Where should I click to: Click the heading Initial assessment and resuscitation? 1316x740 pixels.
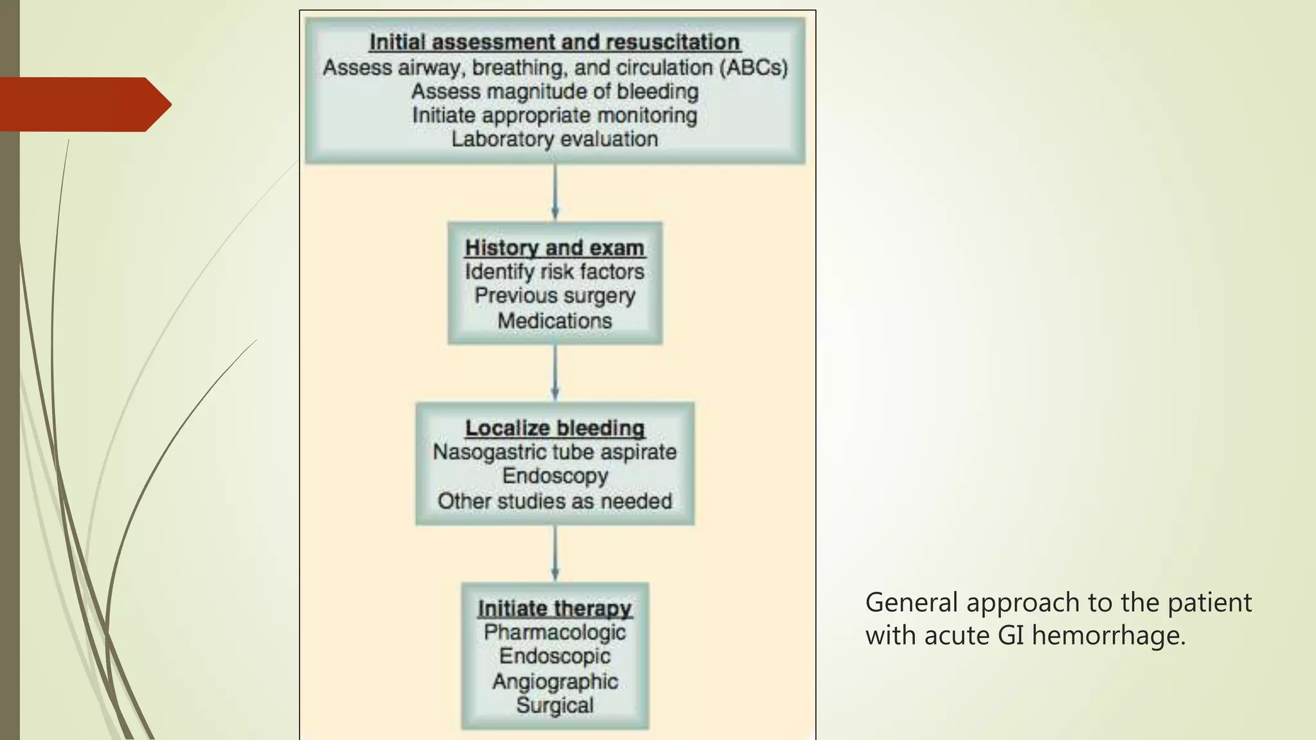[555, 42]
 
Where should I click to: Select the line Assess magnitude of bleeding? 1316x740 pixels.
[555, 92]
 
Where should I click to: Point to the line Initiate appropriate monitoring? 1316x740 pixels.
[555, 116]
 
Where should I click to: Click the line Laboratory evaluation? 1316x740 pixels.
[555, 139]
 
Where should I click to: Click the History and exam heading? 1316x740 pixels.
[555, 248]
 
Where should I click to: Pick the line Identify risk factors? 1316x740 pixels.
[555, 272]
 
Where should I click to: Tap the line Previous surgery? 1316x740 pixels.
[555, 296]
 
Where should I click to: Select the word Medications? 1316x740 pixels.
[555, 321]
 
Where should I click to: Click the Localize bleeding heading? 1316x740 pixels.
[555, 428]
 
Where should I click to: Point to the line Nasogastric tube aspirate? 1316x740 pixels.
[555, 452]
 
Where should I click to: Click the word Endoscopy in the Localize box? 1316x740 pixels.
[555, 476]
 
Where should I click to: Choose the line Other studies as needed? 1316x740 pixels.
[555, 501]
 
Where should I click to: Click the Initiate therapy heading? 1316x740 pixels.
[555, 608]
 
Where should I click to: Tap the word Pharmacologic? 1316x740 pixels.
[555, 633]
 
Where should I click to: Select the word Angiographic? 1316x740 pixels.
[555, 682]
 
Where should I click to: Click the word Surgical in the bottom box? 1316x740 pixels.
[555, 705]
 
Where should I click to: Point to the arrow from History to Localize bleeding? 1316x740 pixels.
[555, 373]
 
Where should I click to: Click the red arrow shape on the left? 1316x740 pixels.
[84, 104]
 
